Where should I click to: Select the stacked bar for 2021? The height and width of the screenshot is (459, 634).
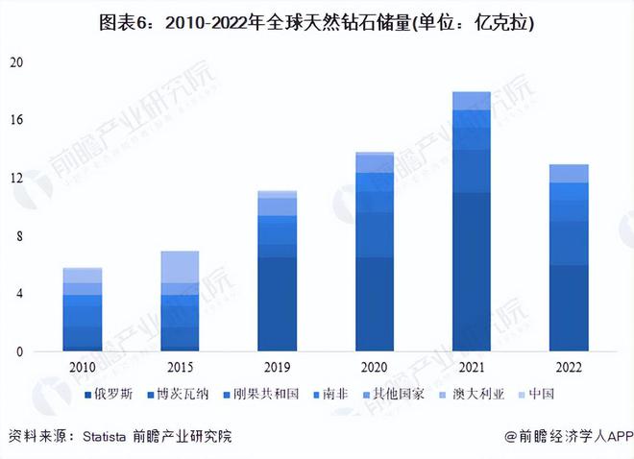click(471, 222)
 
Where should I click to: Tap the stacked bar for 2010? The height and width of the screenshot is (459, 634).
click(83, 309)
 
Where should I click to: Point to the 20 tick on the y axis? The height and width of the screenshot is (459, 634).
click(15, 62)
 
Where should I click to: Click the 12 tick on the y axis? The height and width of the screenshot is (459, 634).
click(15, 179)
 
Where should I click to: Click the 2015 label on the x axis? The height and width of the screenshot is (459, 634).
click(180, 368)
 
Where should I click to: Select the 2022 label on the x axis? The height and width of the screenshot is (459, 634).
click(568, 368)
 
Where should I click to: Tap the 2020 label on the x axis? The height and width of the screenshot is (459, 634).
click(374, 368)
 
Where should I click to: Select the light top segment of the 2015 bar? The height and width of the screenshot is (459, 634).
click(180, 267)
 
